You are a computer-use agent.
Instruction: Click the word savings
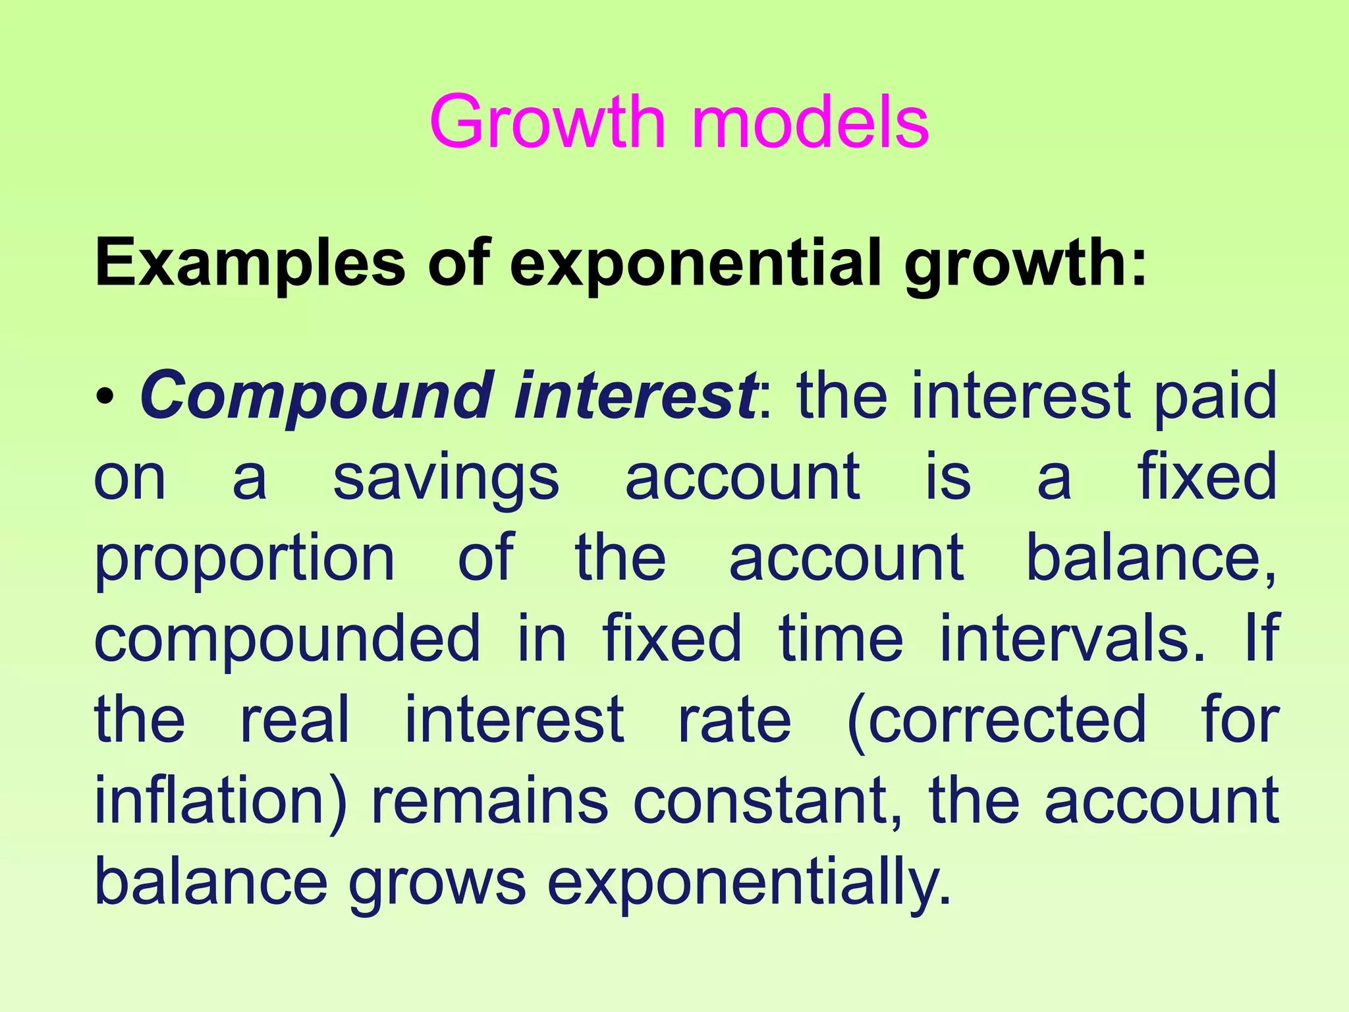[446, 478]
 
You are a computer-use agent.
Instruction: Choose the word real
[294, 719]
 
